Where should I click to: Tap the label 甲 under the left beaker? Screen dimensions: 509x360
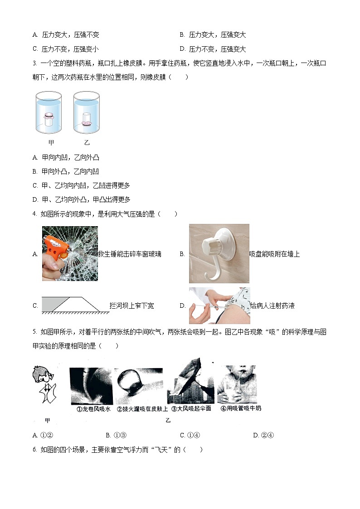[51, 143]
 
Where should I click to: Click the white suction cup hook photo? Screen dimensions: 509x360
[219, 253]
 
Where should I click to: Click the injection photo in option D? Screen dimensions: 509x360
[219, 305]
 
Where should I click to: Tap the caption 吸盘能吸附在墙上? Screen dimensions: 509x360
[274, 254]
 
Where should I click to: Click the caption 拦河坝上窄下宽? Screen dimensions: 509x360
[131, 306]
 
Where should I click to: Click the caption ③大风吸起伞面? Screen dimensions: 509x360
[191, 408]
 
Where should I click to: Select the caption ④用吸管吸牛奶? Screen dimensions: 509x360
[240, 408]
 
